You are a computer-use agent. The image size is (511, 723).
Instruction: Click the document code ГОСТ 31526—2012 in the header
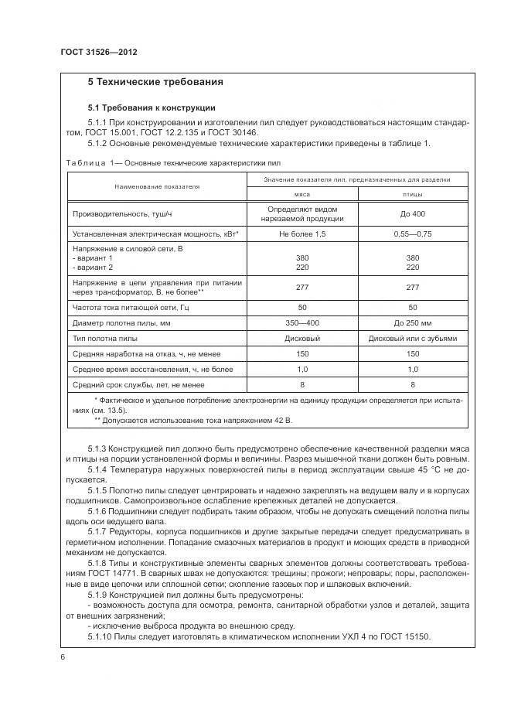98,53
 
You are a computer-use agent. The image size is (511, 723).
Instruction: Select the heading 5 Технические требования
155,81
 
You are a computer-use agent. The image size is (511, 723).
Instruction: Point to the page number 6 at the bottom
63,656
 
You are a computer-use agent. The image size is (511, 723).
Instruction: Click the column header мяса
301,195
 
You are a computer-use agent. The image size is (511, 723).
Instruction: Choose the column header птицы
412,195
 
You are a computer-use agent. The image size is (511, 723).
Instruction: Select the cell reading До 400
412,213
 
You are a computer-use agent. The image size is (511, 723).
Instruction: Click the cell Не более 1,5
301,232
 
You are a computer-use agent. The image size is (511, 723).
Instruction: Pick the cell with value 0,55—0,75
412,232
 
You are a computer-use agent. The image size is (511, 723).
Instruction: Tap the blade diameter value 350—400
301,322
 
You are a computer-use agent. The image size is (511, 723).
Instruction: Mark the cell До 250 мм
412,322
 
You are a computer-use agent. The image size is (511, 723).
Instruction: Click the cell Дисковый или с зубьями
412,339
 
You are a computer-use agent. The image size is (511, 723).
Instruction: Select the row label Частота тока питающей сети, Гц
130,305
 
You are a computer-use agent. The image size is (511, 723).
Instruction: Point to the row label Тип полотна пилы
105,339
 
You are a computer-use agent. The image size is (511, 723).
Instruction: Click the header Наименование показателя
157,186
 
